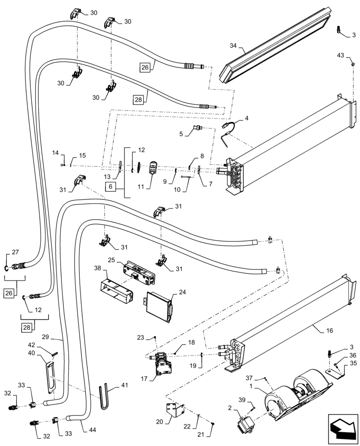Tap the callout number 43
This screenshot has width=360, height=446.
[x=340, y=55]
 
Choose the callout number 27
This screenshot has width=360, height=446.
[x=15, y=252]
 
